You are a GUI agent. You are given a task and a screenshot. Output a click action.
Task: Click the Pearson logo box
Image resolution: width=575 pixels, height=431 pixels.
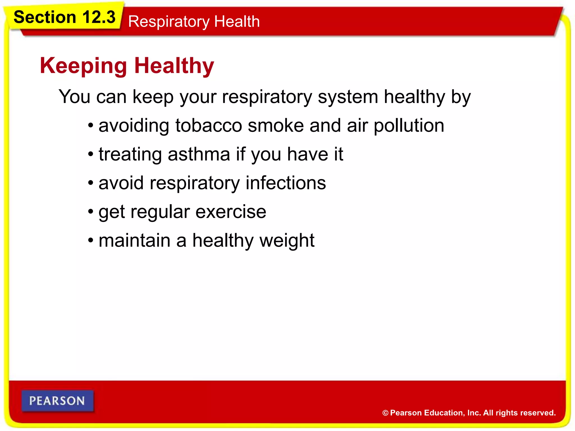click(57, 401)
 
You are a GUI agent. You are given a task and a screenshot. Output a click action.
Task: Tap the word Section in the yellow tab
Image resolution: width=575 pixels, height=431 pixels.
click(45, 17)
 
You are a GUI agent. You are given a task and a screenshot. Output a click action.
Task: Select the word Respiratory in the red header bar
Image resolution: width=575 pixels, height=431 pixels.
click(169, 22)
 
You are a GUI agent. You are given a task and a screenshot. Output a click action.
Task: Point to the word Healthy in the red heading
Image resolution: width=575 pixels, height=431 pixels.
click(174, 66)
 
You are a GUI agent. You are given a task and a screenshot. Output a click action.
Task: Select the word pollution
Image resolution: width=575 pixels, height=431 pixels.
click(409, 126)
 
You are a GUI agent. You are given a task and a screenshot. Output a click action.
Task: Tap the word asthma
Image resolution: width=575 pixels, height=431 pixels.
click(199, 154)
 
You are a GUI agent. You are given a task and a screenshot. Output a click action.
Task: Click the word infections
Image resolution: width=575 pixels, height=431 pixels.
click(286, 183)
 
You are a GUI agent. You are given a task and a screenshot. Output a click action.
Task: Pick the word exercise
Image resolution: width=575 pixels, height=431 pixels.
click(231, 212)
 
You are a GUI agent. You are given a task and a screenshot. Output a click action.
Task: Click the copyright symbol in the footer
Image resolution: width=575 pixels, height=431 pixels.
click(385, 413)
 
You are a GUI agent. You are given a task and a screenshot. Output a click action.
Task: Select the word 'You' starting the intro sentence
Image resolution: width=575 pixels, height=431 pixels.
click(74, 97)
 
